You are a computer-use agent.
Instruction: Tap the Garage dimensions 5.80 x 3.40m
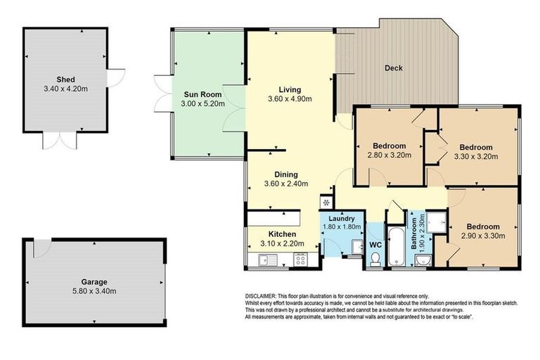[x=96, y=291]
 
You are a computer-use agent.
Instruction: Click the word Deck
[x=393, y=68]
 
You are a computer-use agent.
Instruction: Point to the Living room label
[x=290, y=89]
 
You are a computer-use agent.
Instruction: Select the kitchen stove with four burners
[x=300, y=259]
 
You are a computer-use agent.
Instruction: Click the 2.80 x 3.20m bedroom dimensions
[x=389, y=155]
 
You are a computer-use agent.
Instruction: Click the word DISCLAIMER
[x=264, y=296]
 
